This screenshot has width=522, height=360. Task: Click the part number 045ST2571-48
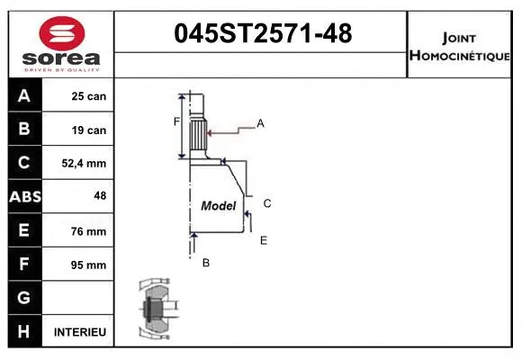(262, 34)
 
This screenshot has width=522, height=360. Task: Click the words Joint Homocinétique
(460, 46)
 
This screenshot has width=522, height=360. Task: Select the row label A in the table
(23, 96)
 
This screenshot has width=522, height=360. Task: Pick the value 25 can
(89, 96)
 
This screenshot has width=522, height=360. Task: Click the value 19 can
(89, 130)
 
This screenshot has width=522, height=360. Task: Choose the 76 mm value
(89, 231)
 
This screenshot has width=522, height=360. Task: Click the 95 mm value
(89, 265)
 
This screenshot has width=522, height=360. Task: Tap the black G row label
(23, 298)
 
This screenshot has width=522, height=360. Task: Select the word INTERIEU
(80, 332)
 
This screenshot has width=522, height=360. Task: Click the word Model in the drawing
(218, 206)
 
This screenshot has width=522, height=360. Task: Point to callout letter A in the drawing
(260, 123)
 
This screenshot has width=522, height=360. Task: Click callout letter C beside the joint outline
(267, 203)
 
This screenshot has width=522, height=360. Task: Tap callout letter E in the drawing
(263, 240)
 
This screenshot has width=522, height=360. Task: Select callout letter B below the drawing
(205, 263)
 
